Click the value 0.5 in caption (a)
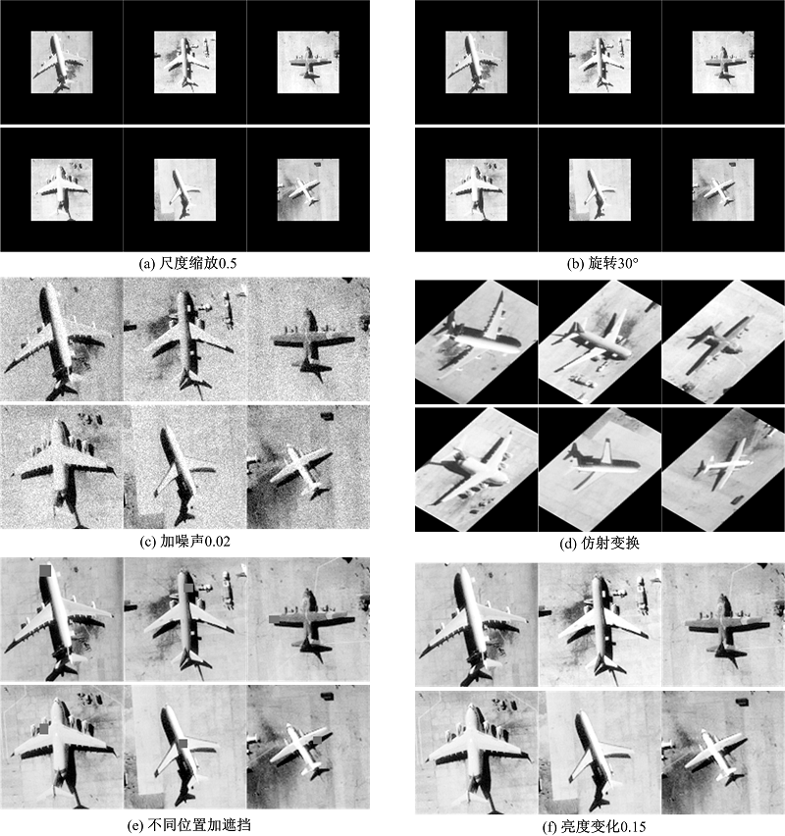pos(227,263)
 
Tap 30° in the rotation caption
pos(627,263)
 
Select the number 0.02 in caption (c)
pos(216,542)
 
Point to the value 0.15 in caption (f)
pos(631,827)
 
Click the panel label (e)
pos(136,825)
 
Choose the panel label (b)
pos(576,263)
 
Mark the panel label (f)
pos(549,827)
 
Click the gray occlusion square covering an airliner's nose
pos(45,570)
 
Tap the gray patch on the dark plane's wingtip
pos(275,618)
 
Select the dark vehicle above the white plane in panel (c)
pos(327,415)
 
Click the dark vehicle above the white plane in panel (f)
pos(741,701)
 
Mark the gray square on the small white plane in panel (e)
pos(318,740)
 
